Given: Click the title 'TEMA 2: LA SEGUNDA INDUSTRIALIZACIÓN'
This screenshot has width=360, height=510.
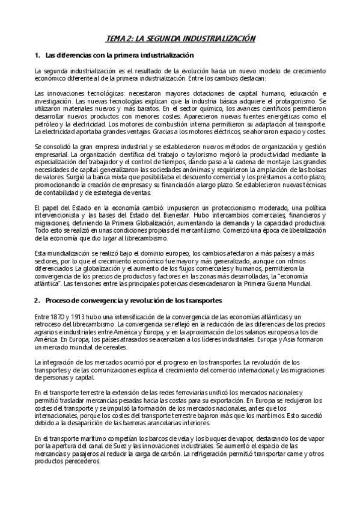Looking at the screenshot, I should pos(180,38).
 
